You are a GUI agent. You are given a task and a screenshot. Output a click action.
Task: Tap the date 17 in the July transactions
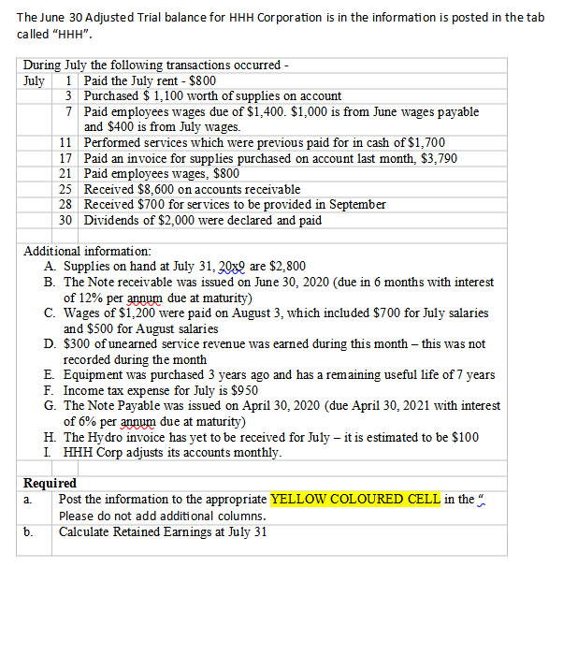point(65,158)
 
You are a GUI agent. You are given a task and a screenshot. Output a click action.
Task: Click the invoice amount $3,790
point(439,158)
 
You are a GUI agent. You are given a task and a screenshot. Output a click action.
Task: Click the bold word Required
point(50,483)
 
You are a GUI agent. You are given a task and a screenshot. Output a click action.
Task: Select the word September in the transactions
point(354,204)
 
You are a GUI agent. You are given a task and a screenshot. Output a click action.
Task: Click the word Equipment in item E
point(94,374)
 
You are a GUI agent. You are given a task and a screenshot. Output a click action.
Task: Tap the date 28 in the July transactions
point(65,204)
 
